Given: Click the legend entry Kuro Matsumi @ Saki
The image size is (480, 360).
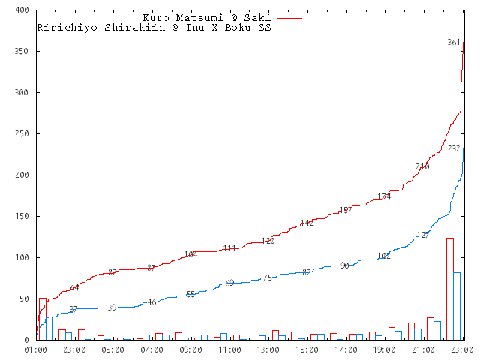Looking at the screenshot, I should (207, 17).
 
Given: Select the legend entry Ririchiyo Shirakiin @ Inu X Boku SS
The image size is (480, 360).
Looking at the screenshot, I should (154, 27).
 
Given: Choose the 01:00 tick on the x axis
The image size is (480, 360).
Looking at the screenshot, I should (36, 349).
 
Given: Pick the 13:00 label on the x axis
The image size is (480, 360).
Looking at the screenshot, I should (268, 349).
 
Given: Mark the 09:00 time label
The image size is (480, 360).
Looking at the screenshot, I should (190, 349).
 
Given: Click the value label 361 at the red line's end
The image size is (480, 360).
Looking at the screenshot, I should (453, 43).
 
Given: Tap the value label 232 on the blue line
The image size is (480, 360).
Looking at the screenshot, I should (454, 148).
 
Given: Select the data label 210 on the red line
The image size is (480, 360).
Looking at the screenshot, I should (422, 166).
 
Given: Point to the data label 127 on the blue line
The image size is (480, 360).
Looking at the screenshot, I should (422, 235).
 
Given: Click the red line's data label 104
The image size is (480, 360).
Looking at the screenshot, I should (190, 254).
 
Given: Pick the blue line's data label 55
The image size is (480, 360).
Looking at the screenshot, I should (190, 294).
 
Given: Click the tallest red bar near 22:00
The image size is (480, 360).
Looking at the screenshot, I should (449, 289).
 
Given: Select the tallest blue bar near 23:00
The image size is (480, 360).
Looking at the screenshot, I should (456, 306).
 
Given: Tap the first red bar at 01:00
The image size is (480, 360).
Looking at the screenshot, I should (43, 319).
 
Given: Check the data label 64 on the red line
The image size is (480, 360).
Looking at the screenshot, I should (74, 287).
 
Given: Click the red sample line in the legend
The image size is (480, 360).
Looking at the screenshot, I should (289, 17).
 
